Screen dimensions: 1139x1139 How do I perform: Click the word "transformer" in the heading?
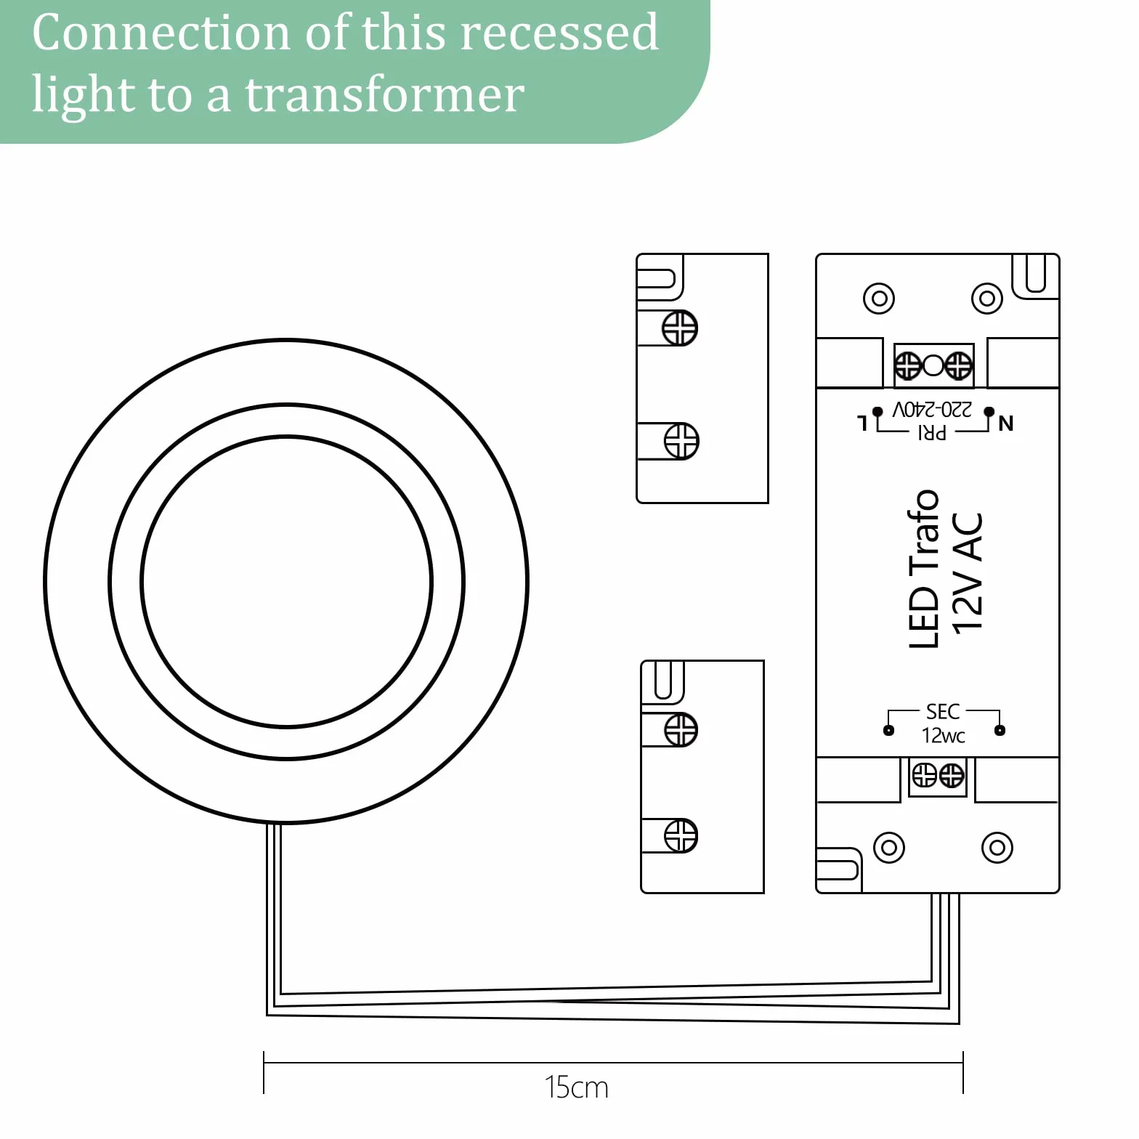point(385,95)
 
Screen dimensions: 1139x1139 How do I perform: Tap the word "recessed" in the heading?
point(559,33)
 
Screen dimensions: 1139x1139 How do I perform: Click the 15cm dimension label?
point(577,1087)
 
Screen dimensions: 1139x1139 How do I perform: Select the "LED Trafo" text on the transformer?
point(924,569)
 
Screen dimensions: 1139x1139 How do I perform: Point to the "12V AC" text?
point(968,573)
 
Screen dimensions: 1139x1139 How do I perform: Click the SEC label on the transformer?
point(943,711)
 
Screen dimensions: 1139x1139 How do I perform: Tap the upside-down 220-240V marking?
point(932,410)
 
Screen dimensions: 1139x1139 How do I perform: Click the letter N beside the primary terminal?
point(1006,423)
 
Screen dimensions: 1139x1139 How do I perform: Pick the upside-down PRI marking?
point(932,433)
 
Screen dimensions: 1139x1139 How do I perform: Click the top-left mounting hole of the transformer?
point(879,298)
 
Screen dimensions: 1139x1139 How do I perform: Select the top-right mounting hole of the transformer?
point(987,298)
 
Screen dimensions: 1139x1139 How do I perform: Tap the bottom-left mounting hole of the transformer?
point(889,847)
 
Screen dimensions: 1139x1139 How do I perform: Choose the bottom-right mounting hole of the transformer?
point(997,847)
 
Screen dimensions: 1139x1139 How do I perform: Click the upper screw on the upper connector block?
point(680,328)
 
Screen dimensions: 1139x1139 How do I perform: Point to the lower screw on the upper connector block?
point(681,441)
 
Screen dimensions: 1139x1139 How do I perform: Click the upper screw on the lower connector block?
point(681,729)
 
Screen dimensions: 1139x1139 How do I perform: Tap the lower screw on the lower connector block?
point(681,835)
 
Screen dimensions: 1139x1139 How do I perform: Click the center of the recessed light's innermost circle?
point(287,581)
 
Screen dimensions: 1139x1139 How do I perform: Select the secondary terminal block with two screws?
point(938,776)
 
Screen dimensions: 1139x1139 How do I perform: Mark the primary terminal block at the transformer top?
point(933,365)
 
